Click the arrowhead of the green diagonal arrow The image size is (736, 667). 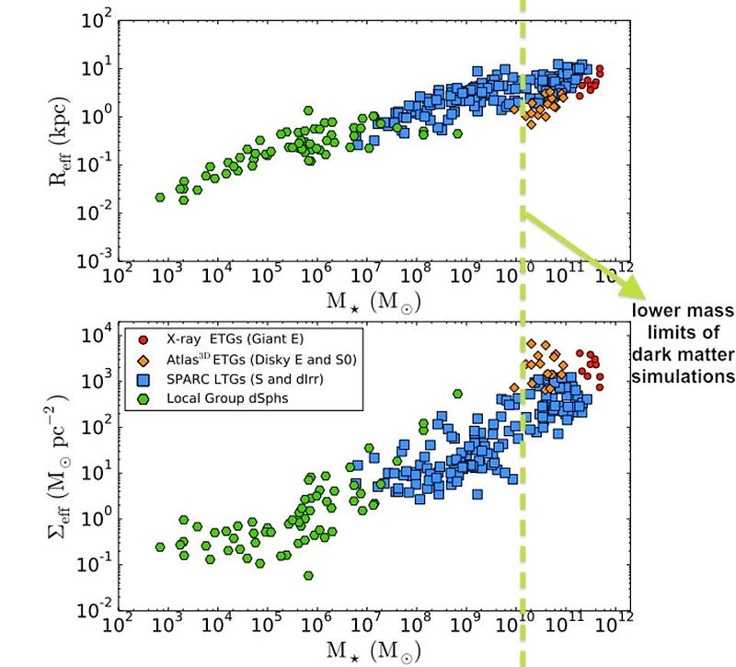pos(636,293)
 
